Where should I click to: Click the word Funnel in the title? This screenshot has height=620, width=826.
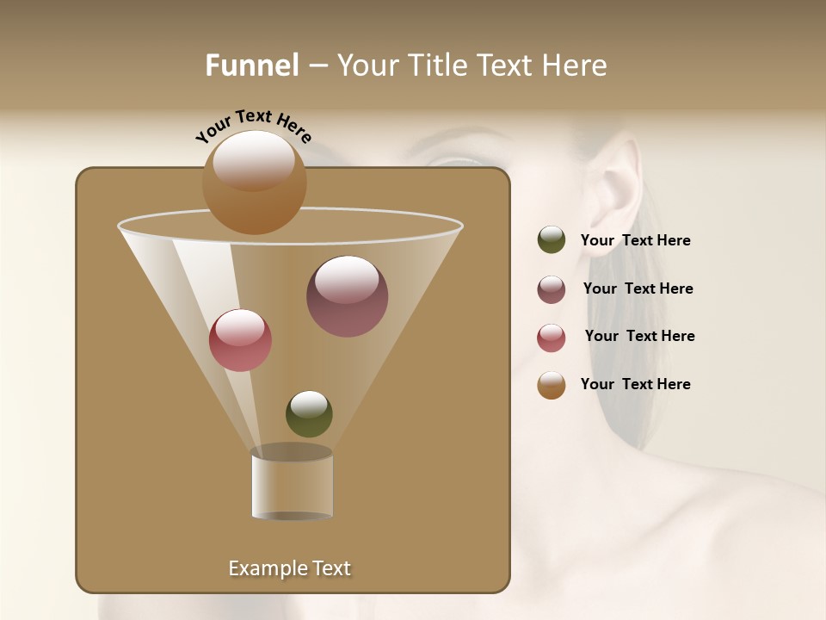(252, 65)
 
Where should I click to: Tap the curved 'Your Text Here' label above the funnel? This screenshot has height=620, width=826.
(254, 126)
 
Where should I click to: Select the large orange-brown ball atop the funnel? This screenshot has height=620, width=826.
(254, 182)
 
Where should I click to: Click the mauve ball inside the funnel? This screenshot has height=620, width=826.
(347, 295)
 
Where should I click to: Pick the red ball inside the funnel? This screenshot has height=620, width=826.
(240, 340)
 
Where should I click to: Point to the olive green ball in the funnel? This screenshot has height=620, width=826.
(309, 413)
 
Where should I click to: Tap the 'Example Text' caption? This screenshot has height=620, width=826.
(289, 568)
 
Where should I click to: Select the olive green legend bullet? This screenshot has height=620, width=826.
(552, 240)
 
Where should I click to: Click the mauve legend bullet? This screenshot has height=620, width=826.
(552, 289)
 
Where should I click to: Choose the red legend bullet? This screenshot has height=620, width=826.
(552, 338)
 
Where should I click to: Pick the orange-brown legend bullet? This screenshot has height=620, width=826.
(552, 385)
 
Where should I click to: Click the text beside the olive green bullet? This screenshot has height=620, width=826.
(635, 240)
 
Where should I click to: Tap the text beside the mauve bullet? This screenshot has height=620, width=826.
(638, 288)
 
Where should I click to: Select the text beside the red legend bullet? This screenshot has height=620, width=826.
(639, 336)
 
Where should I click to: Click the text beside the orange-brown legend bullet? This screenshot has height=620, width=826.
(635, 384)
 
